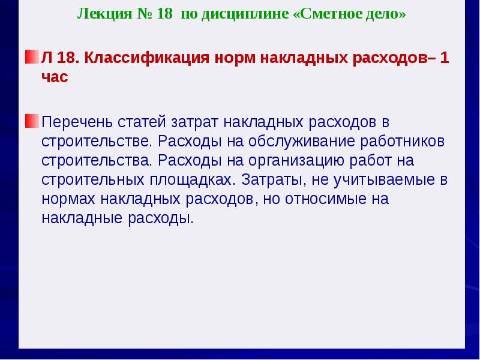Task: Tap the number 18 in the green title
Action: point(163,14)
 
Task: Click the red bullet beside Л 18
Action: point(32,58)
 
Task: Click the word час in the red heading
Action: point(55,78)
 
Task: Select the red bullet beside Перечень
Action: point(32,122)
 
